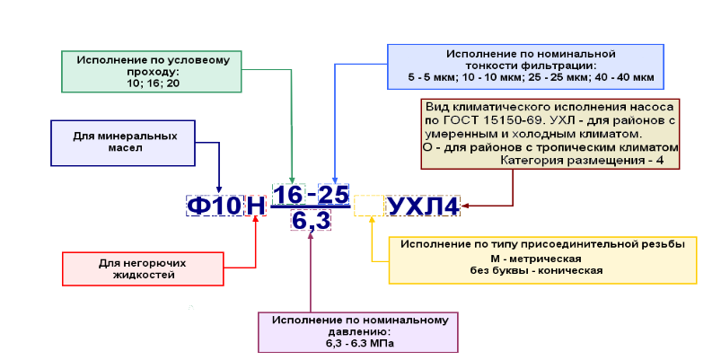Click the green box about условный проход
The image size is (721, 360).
click(152, 71)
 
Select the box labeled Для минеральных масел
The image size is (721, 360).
click(123, 143)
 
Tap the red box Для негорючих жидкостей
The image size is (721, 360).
click(143, 269)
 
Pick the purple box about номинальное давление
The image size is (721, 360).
click(358, 332)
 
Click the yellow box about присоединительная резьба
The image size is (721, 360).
click(543, 260)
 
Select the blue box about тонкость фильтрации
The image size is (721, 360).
click(525, 66)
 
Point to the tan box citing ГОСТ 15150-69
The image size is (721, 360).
click(550, 134)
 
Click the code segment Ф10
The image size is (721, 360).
click(215, 206)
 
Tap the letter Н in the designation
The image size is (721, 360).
click(256, 206)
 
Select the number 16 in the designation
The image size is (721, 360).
click(289, 195)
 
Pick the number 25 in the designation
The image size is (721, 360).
click(333, 195)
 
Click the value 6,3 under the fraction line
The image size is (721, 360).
click(311, 220)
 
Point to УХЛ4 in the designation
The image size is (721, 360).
click(424, 206)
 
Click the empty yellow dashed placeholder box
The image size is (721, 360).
click(369, 206)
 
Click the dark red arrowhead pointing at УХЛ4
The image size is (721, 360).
click(465, 206)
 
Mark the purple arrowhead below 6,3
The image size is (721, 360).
click(311, 234)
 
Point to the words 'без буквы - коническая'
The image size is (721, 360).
click(536, 270)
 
